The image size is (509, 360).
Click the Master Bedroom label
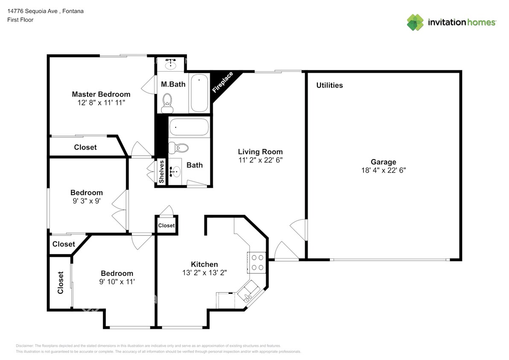[101, 94]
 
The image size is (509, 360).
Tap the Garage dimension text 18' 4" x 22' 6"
[383, 170]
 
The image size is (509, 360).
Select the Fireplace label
[223, 82]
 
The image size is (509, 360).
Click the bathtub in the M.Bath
[199, 93]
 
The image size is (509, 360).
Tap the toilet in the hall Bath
[179, 148]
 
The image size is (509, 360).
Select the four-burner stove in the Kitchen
[257, 262]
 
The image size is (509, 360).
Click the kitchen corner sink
[249, 292]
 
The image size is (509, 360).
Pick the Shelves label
[162, 172]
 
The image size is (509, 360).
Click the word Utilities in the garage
[329, 85]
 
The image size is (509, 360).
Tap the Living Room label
[260, 152]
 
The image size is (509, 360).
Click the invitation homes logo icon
[415, 22]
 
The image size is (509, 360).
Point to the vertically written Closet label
[60, 282]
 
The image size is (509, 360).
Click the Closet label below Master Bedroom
[85, 147]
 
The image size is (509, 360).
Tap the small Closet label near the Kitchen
[166, 225]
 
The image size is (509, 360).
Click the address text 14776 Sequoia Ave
[32, 11]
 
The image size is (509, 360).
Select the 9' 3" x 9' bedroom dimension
[87, 201]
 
